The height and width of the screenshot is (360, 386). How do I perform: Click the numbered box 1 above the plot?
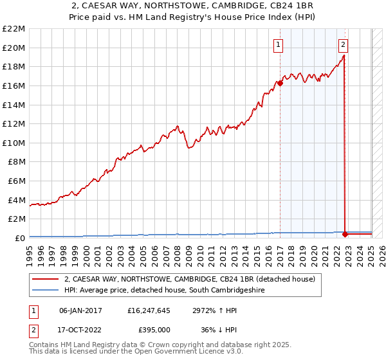pos(278,44)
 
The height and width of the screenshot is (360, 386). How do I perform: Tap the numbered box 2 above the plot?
pos(344,44)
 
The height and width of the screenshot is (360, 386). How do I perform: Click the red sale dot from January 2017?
pos(280,83)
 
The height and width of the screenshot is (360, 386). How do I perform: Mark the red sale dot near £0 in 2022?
pos(345,234)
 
